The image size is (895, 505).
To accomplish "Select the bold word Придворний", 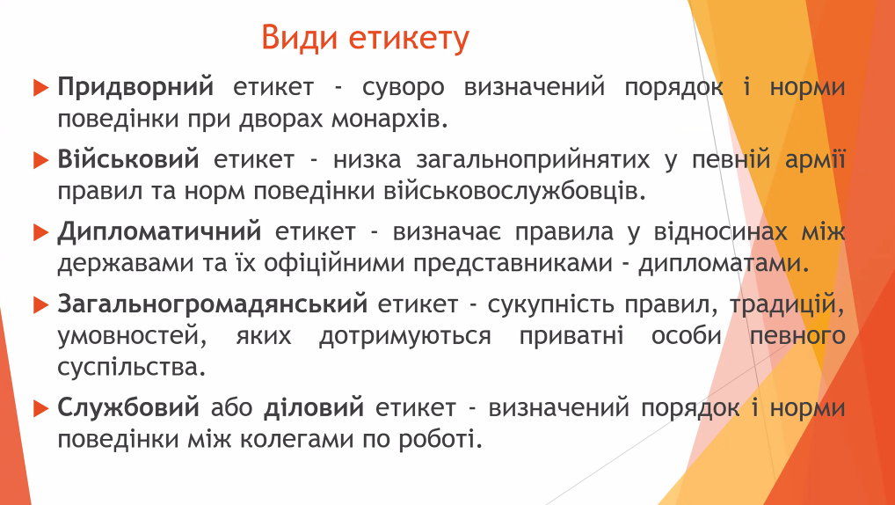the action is coord(136,87).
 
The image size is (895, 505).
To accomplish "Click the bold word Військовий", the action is coord(128,159).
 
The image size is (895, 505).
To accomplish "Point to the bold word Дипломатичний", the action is coord(159,232).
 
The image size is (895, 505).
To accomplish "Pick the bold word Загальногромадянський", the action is coord(213,304).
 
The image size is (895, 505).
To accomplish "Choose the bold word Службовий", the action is coord(128,408).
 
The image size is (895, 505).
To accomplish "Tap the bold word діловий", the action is coord(314,407).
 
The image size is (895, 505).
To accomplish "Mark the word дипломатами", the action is coord(724,265).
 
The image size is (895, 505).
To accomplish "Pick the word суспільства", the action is coord(131,367).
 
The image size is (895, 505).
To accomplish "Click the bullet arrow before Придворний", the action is coord(40,88).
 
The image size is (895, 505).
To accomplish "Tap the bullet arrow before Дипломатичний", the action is coord(40,232).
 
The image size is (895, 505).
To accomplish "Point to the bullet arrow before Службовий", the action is coord(40,408).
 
